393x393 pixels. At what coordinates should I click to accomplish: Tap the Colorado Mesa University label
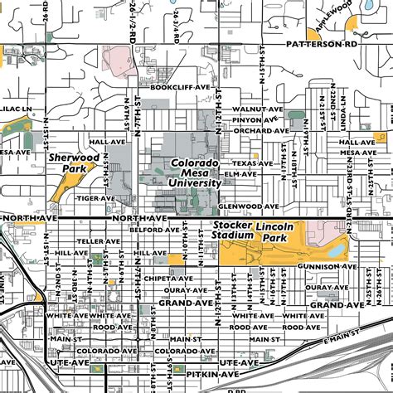tap(195, 173)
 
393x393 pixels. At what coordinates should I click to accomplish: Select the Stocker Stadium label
tap(232, 230)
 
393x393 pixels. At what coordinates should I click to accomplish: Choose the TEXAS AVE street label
tap(251, 163)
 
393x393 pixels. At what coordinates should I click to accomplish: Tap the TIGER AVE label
tap(96, 198)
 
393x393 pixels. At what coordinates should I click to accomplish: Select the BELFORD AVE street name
tap(148, 230)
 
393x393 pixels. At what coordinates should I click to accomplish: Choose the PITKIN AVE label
tap(195, 374)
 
